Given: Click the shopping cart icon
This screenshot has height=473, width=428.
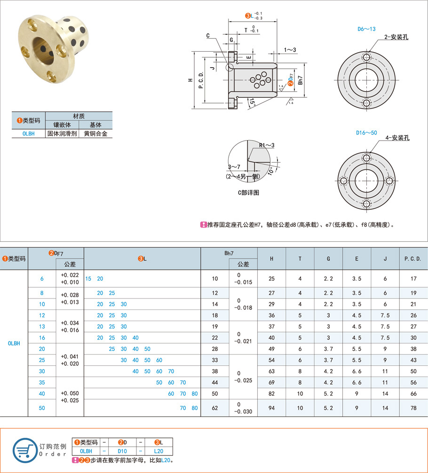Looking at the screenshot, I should point(24,450).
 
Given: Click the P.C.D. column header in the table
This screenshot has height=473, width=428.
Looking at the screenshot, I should point(413,259).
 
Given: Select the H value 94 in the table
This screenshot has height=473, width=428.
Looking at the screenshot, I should point(271,408).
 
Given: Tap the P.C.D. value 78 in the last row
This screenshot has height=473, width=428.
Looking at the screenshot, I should point(413,408).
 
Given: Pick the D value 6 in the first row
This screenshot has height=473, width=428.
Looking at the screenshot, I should point(42,279).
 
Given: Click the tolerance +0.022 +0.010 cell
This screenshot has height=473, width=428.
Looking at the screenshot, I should point(70,278).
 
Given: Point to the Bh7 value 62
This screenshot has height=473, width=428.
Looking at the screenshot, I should point(215,408).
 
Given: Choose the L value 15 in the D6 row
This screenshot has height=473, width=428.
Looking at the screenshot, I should point(88,279).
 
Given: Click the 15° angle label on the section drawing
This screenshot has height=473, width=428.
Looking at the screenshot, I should point(252,102).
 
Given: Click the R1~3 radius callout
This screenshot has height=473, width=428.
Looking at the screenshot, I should point(266,145).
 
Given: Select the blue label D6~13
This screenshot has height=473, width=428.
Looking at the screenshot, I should point(366,29).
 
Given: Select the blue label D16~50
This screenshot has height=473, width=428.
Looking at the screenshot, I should point(367,133).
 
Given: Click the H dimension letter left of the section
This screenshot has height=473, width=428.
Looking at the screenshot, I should point(190,80).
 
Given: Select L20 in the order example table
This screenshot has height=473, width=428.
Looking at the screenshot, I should point(158,451).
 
